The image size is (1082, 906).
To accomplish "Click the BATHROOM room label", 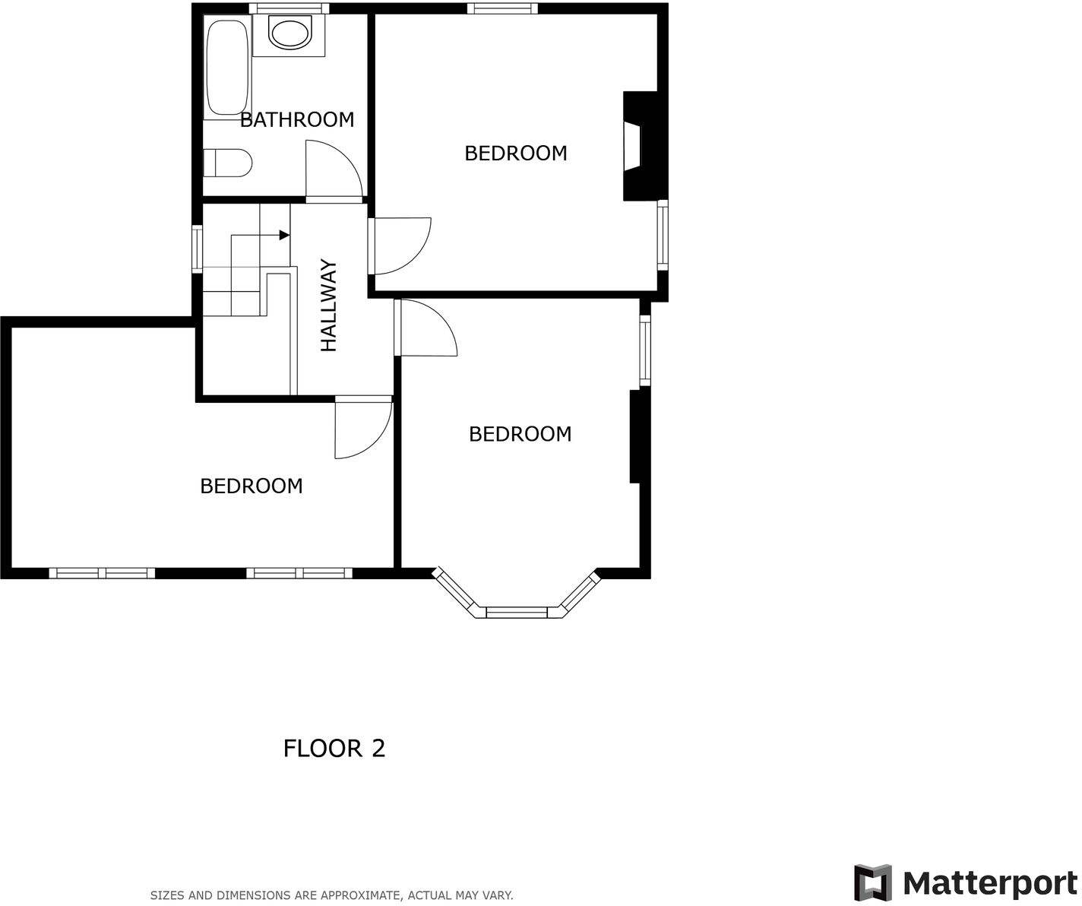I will click(297, 119).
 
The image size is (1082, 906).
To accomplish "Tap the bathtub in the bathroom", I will click(226, 68).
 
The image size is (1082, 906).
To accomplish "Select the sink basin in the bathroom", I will click(289, 34).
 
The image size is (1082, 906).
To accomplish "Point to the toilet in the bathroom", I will click(228, 163).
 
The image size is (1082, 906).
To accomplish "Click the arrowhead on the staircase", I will click(284, 235).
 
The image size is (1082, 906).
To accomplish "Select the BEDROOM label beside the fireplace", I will click(515, 153).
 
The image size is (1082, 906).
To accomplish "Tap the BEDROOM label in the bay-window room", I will click(520, 434).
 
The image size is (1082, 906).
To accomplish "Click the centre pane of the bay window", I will click(517, 612).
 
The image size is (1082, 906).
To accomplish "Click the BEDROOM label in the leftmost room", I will click(251, 486).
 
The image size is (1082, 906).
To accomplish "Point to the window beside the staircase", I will click(197, 249).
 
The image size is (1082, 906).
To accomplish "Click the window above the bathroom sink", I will click(289, 8).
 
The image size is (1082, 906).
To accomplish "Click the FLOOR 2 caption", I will click(334, 749).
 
